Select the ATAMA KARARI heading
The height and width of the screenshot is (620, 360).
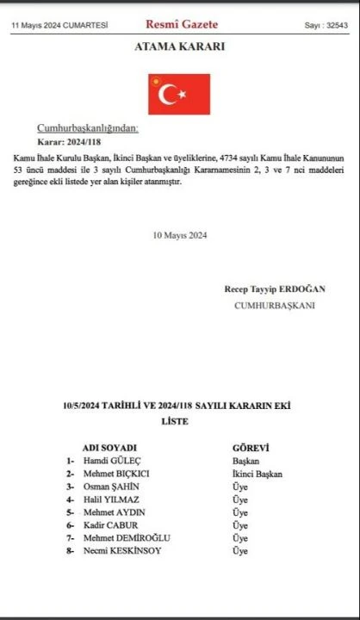[179, 46]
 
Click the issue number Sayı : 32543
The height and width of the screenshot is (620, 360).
[326, 26]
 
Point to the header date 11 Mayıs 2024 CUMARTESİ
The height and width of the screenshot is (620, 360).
[59, 26]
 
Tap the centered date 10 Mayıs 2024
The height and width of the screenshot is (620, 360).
[180, 235]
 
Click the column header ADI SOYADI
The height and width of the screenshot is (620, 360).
[109, 448]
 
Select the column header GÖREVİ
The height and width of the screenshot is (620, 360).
[251, 448]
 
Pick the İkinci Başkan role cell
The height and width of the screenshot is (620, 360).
[257, 474]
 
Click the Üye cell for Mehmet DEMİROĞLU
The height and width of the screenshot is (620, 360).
[240, 538]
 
